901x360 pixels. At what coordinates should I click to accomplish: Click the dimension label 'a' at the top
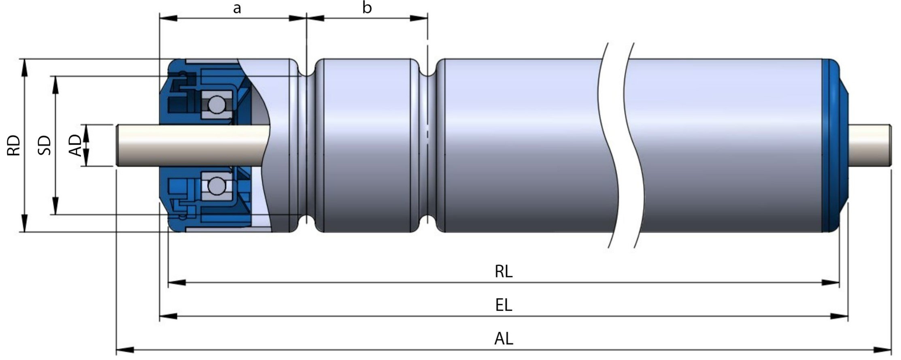tap(237, 8)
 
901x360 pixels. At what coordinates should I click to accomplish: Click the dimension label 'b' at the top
tap(367, 8)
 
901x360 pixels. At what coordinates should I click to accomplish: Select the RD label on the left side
tap(14, 146)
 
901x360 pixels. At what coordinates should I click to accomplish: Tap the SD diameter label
tap(45, 146)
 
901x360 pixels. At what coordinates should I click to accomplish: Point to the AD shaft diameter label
tap(76, 146)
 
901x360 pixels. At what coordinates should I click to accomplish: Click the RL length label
tap(504, 271)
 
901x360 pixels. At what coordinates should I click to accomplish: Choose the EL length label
tap(504, 305)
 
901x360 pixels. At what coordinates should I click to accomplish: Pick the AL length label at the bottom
tap(504, 339)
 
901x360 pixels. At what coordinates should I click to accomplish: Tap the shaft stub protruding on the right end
tap(870, 146)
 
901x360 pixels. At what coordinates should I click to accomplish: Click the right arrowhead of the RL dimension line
tap(831, 283)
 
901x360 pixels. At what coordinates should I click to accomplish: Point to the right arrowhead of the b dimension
tap(419, 18)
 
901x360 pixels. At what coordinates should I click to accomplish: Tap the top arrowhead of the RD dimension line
tap(24, 67)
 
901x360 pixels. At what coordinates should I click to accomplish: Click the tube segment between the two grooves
tap(366, 146)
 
